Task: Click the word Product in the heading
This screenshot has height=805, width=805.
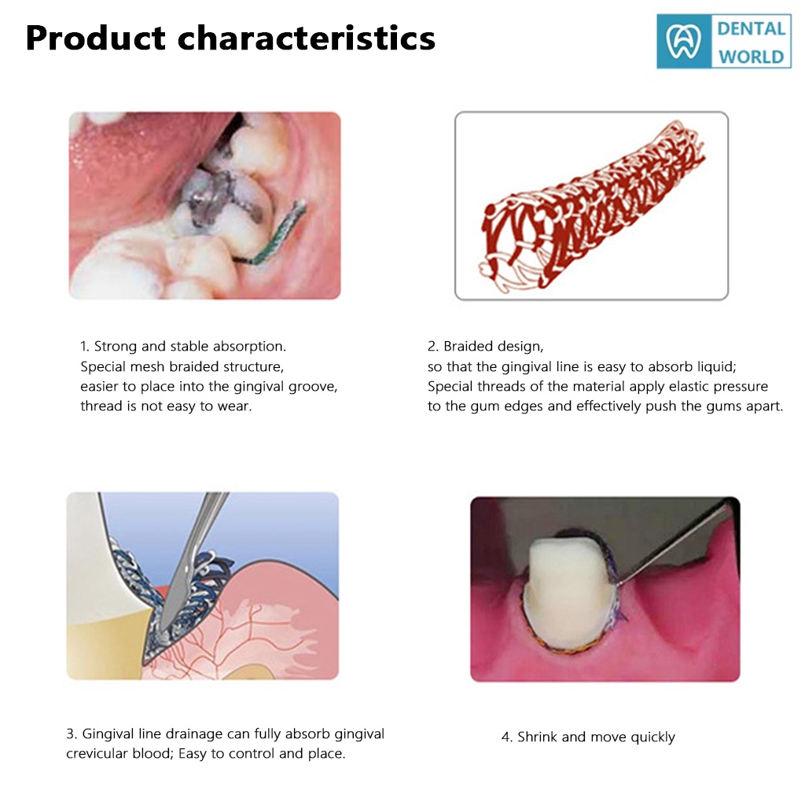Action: pyautogui.click(x=96, y=38)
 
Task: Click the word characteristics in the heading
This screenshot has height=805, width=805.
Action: pyautogui.click(x=307, y=38)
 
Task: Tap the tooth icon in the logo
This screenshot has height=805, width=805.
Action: pyautogui.click(x=683, y=41)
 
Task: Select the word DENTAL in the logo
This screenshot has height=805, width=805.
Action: pyautogui.click(x=751, y=29)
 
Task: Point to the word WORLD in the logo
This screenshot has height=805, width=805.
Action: pyautogui.click(x=751, y=57)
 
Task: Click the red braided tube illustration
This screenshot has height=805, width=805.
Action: pyautogui.click(x=590, y=205)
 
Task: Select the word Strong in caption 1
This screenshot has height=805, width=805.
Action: pyautogui.click(x=116, y=347)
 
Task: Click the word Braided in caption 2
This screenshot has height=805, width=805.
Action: pyautogui.click(x=466, y=347)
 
